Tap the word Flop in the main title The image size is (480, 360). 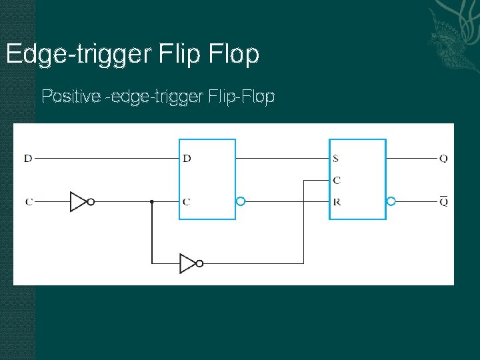coord(233,55)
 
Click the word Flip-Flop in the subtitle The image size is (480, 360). coord(241,97)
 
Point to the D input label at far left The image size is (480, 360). coord(28,159)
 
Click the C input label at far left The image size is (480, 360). coord(28,201)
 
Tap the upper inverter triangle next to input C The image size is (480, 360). coord(78,201)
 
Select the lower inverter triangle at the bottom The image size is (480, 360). coord(187,263)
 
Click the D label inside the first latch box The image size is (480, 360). coord(187,159)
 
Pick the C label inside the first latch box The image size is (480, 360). coord(187,201)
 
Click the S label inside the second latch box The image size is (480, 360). coord(336,159)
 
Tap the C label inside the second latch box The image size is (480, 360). coord(337,180)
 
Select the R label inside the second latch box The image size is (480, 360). coord(337,201)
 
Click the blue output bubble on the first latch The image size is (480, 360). coord(241,201)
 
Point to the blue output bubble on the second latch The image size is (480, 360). coord(391,201)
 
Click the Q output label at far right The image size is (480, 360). coord(443,159)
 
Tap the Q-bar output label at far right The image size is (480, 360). coord(443,201)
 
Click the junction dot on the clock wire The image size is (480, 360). coord(152,201)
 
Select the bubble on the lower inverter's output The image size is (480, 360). coord(199,263)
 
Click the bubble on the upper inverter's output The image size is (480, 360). coord(91,201)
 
